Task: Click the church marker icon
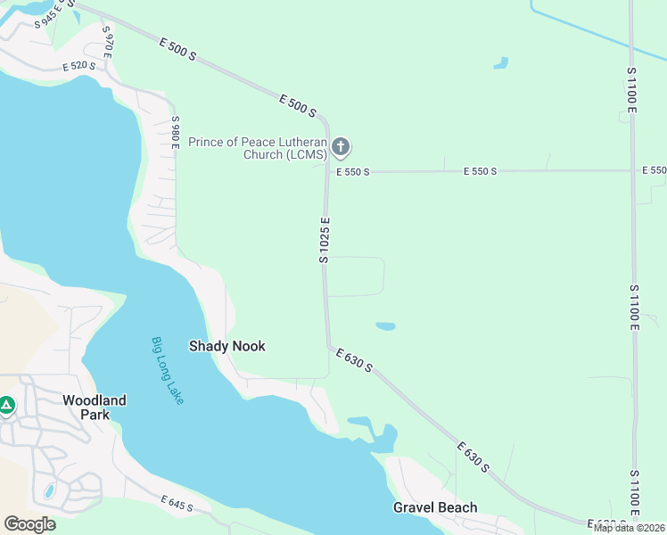[340, 146]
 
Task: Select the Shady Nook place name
[226, 346]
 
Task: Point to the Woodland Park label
[94, 407]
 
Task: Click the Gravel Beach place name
[435, 507]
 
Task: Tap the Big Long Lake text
[167, 370]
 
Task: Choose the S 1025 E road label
[325, 239]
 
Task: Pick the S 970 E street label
[107, 42]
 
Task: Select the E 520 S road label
[79, 66]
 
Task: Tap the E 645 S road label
[177, 505]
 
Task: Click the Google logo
[29, 524]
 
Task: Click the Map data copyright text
[630, 528]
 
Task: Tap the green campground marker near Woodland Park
[7, 406]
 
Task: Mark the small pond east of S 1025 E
[385, 326]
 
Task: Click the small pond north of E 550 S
[501, 63]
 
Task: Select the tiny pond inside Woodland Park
[48, 491]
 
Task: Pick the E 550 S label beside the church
[352, 171]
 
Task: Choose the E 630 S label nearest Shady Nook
[354, 361]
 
